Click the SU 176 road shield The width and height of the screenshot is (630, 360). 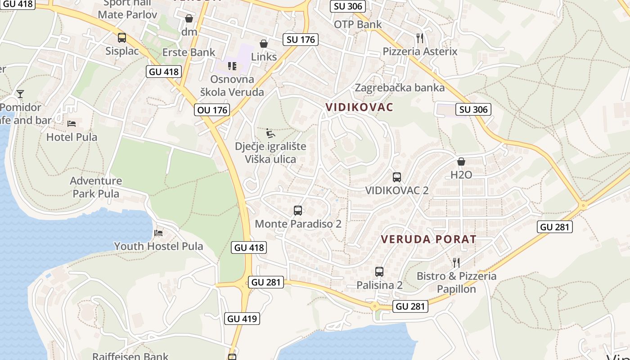tap(301, 40)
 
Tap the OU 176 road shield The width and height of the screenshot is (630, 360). tap(212, 110)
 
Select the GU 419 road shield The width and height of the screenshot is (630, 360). tap(242, 319)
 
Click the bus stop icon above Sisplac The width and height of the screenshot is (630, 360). tap(122, 38)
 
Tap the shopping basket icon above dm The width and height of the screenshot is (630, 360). tap(189, 19)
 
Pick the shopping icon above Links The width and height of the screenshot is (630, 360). tap(264, 44)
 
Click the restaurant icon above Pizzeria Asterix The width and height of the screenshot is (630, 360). tap(420, 38)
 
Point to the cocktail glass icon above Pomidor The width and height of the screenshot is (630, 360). tap(20, 94)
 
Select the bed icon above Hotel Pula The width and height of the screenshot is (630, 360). tap(72, 123)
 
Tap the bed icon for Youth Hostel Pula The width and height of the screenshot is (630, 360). tap(158, 233)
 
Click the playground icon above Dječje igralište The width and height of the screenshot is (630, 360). tap(270, 133)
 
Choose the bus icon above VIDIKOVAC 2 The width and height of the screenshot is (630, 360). tap(396, 177)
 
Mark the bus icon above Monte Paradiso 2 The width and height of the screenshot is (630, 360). tap(298, 210)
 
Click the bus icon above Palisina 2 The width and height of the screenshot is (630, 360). tap(379, 272)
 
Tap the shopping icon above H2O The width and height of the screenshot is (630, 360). tap(461, 162)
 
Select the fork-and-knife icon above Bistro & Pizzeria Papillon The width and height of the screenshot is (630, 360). tap(456, 262)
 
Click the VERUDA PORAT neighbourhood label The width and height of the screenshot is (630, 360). tap(428, 239)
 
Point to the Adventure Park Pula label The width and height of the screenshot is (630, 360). tap(96, 187)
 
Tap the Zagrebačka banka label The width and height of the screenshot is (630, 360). tap(400, 87)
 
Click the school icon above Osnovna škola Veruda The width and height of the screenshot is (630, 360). tap(232, 66)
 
